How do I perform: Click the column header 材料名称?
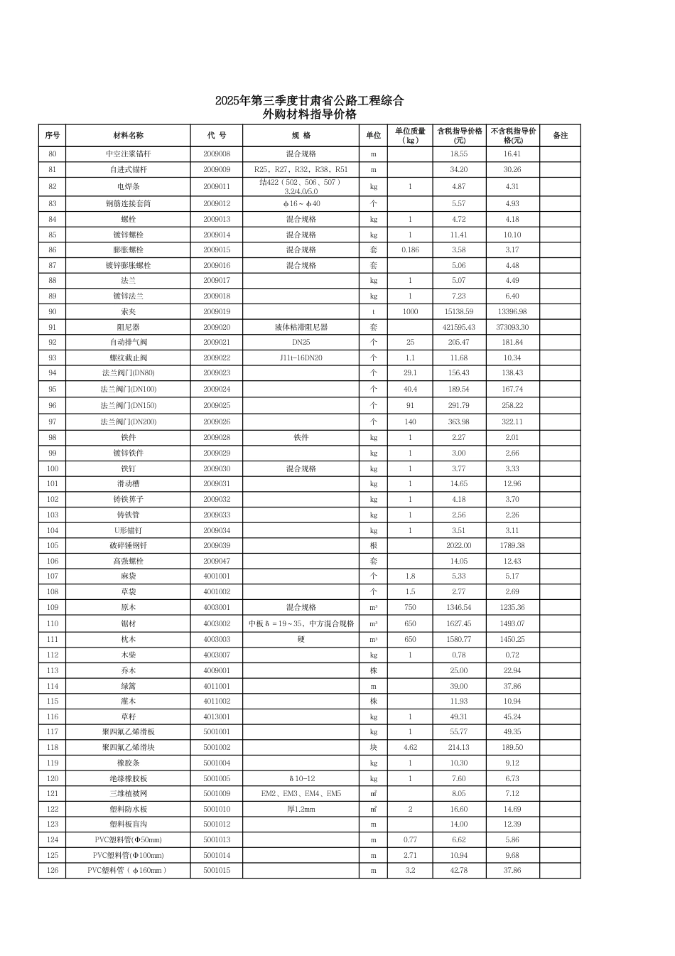(128, 135)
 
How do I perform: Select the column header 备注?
(560, 135)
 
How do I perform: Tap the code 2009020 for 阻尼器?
(217, 327)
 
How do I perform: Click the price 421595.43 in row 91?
(459, 327)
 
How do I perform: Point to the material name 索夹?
(128, 311)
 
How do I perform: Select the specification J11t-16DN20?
(301, 358)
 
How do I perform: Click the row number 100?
(53, 468)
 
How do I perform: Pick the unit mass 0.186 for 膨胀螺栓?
(410, 249)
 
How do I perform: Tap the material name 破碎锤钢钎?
(128, 545)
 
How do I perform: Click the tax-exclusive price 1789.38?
(512, 545)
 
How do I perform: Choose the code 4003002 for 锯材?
(217, 623)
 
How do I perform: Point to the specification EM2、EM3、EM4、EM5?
(301, 793)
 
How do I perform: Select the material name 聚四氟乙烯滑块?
(128, 747)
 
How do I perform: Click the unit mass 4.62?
(410, 747)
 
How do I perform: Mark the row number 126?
(53, 870)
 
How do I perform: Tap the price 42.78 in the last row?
(459, 870)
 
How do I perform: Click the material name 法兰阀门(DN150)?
(128, 405)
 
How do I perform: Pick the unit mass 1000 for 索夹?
(410, 311)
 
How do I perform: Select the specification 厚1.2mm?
(301, 809)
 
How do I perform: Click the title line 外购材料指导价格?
(309, 114)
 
